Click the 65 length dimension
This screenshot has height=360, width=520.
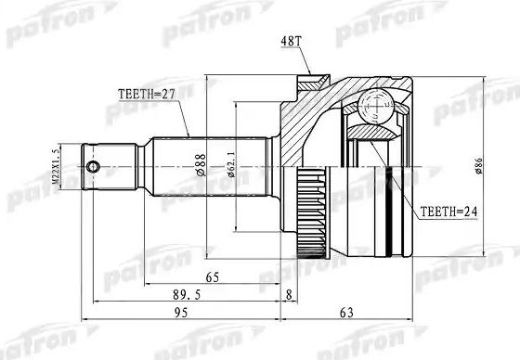click(x=213, y=277)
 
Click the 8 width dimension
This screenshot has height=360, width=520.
click(x=291, y=296)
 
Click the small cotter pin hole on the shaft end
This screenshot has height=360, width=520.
click(x=94, y=167)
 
